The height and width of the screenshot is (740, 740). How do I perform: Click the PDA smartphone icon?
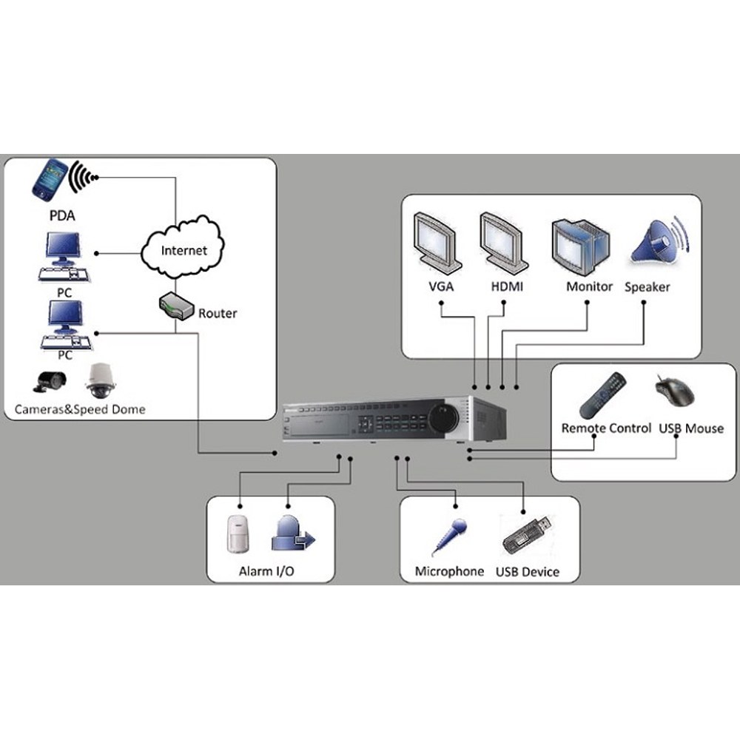point(50,180)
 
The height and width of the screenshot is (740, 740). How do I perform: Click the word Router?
point(218,313)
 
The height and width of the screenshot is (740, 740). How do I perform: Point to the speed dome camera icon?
point(100,381)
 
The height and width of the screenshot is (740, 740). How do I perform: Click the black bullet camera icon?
point(50,381)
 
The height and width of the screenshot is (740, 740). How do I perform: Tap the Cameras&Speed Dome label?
point(80,409)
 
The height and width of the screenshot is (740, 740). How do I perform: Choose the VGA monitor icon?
point(437,243)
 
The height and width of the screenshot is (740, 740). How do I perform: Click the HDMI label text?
point(507,286)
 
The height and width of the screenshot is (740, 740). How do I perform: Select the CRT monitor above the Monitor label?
point(581,247)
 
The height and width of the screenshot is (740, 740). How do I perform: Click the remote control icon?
point(602,395)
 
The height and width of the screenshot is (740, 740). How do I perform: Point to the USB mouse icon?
point(675,391)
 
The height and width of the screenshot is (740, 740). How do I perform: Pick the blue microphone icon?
point(449,537)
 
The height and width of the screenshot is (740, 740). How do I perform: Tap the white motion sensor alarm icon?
point(238,534)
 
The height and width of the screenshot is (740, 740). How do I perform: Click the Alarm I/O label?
point(266,571)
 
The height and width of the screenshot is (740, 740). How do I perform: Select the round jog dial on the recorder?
point(443,417)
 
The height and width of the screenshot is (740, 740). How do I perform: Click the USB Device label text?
point(527,572)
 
